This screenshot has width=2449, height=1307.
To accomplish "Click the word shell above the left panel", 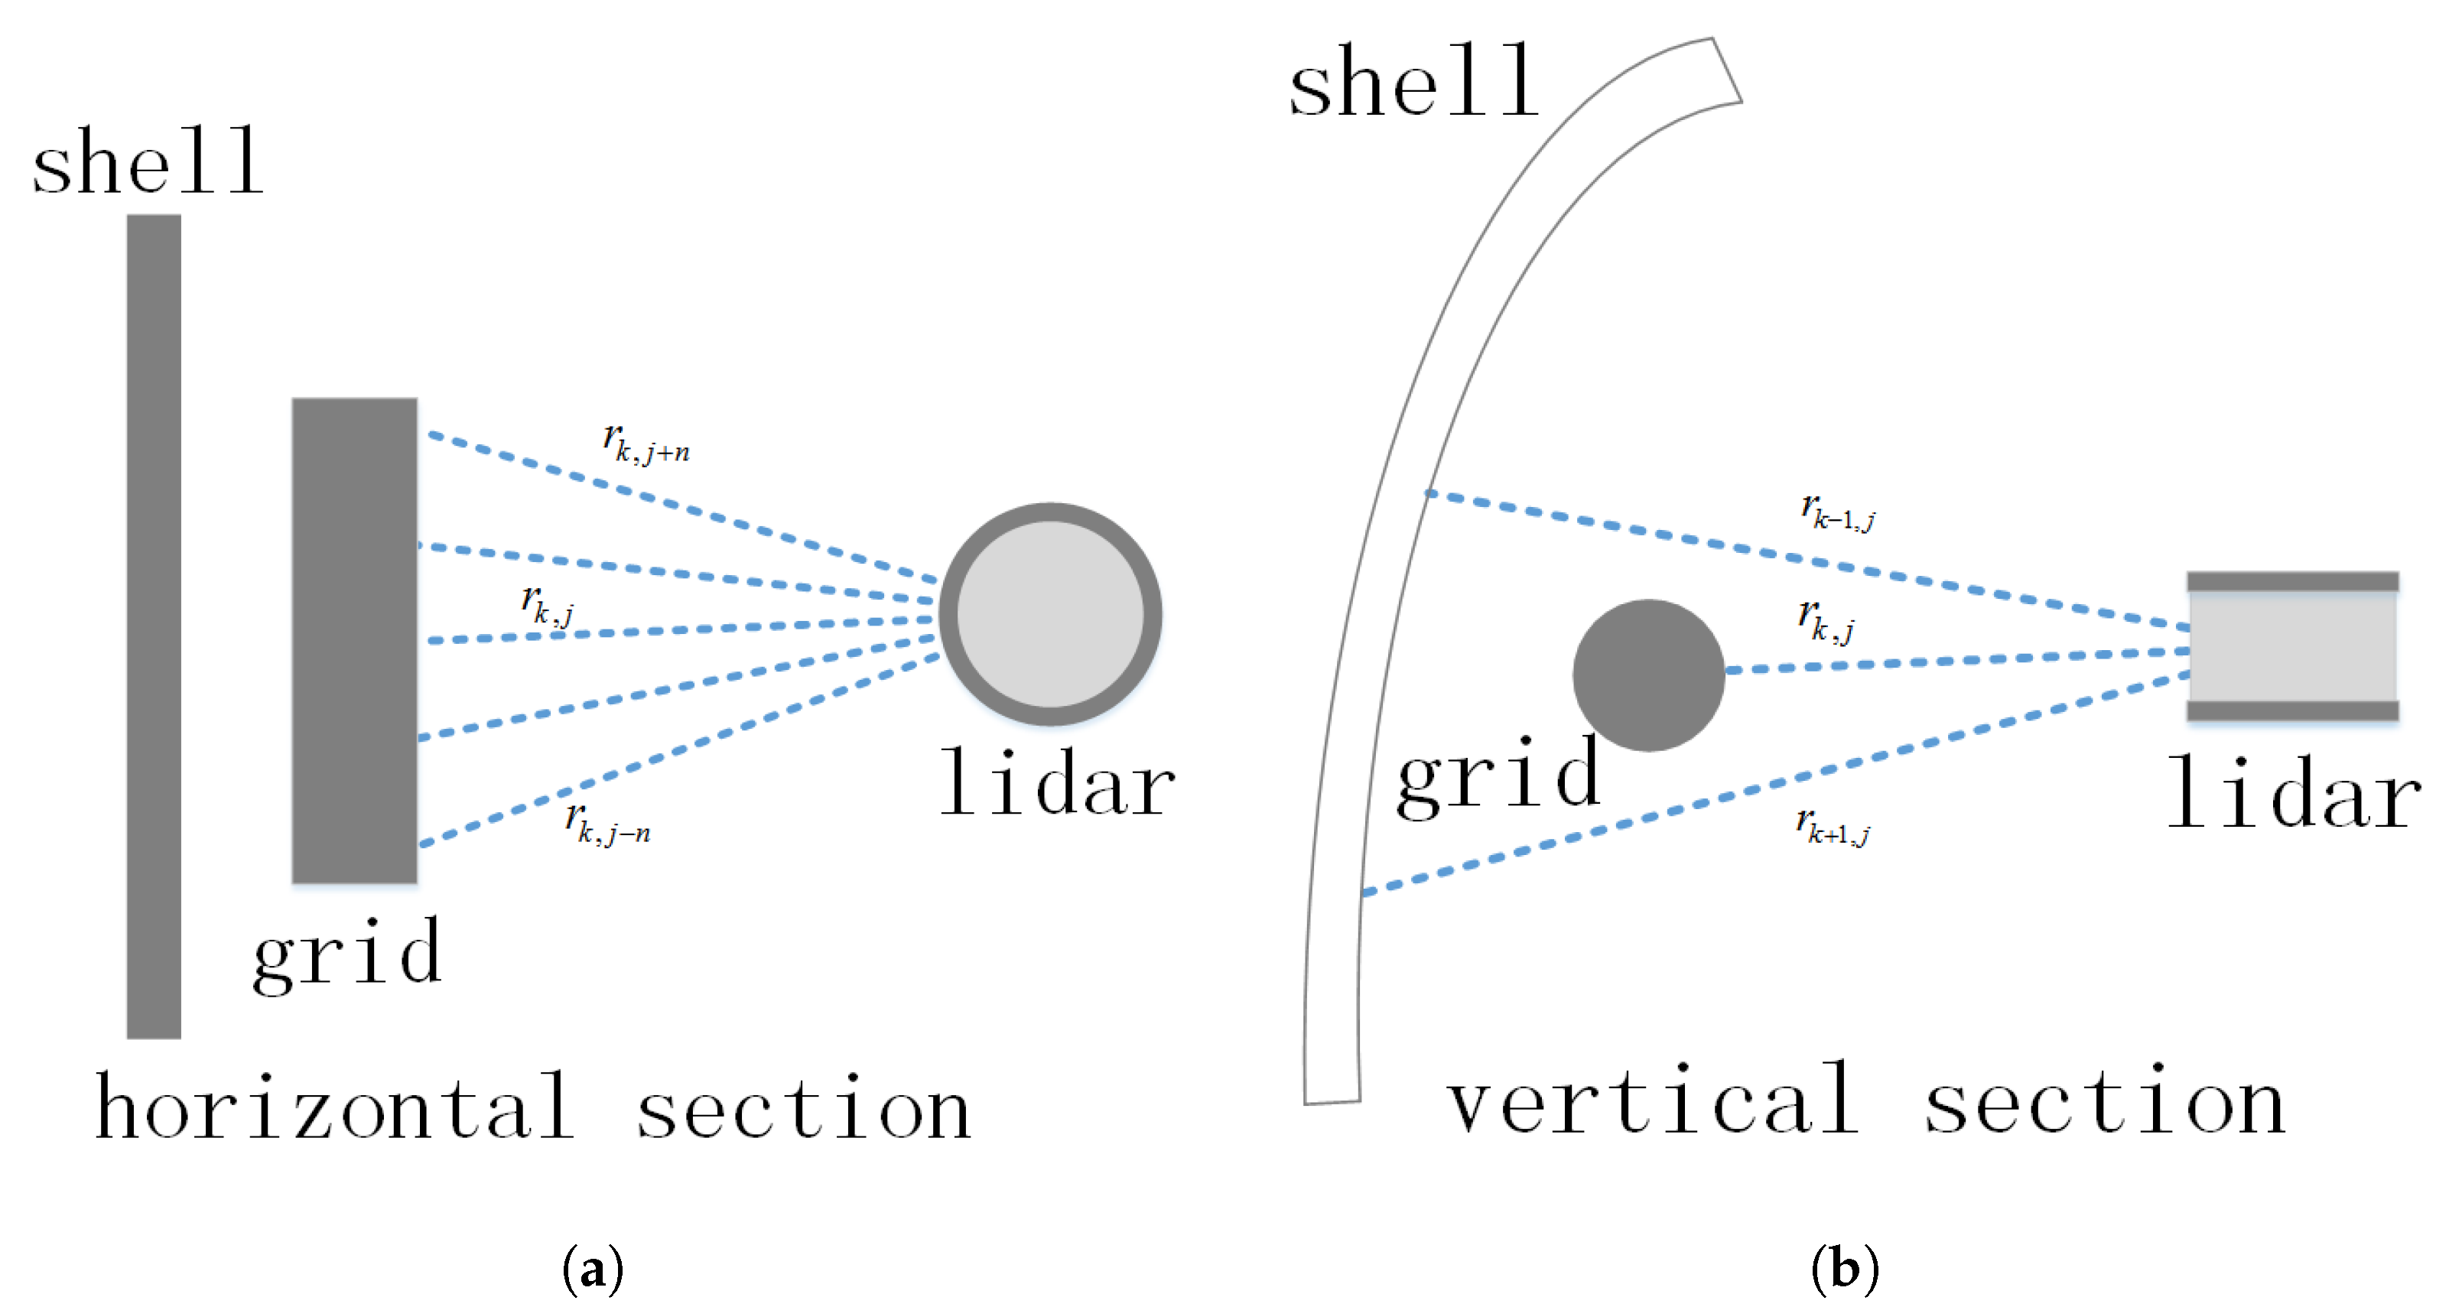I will point(148,161).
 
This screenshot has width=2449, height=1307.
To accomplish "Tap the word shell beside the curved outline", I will point(1413,83).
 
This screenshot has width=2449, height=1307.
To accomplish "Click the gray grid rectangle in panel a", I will point(353,639).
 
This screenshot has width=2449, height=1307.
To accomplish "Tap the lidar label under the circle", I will point(1057,784).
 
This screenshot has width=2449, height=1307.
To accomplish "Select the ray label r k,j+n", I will point(646,443).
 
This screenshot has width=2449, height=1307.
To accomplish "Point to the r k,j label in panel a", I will point(548,606).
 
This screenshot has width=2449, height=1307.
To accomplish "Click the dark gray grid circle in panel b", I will point(1647,675).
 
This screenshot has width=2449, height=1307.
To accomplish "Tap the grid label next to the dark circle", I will point(1498,778).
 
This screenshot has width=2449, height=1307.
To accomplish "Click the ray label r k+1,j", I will point(1833,826).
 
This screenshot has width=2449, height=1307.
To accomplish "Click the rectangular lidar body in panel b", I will point(2292,646).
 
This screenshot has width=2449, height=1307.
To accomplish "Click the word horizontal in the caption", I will point(335,1107).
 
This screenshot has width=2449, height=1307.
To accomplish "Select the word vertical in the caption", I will point(1652,1103).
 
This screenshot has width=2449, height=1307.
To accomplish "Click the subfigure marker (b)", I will point(1844,1269).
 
